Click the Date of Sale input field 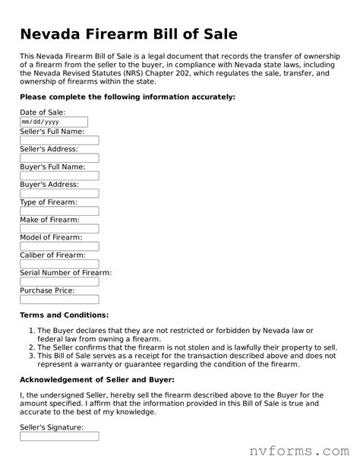tap(54, 122)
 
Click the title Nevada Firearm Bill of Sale tap(128, 34)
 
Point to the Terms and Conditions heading tap(64, 315)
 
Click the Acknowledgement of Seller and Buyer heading tap(96, 379)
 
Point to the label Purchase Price tap(47, 290)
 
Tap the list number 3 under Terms tap(31, 355)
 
